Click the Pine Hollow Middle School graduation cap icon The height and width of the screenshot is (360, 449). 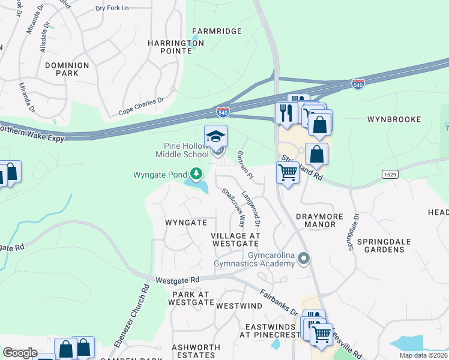tap(216, 136)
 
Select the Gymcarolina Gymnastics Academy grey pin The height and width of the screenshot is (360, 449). tap(304, 259)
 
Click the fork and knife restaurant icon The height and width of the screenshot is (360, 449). tap(286, 113)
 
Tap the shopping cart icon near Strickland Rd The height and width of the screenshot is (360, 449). tap(288, 172)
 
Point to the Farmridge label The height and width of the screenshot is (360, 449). tap(216, 31)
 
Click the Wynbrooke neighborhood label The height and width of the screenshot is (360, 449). tap(394, 119)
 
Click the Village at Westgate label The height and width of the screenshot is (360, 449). tap(235, 240)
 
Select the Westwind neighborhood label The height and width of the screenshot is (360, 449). tap(239, 306)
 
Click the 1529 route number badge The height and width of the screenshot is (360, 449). tap(390, 173)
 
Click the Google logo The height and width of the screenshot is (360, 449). tap(20, 353)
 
